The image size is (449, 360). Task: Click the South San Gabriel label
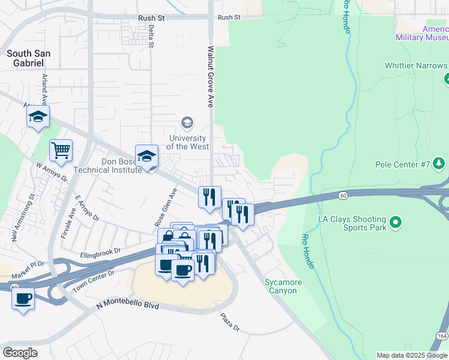tap(28, 58)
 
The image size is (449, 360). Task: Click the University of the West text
tap(187, 142)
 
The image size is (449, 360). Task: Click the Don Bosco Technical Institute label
tap(108, 166)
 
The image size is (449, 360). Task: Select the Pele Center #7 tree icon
tap(439, 163)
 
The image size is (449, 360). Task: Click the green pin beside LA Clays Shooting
tap(395, 223)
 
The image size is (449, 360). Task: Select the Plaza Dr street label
tap(229, 322)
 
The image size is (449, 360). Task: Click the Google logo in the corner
tap(20, 352)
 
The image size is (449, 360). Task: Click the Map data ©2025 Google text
tap(412, 355)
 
